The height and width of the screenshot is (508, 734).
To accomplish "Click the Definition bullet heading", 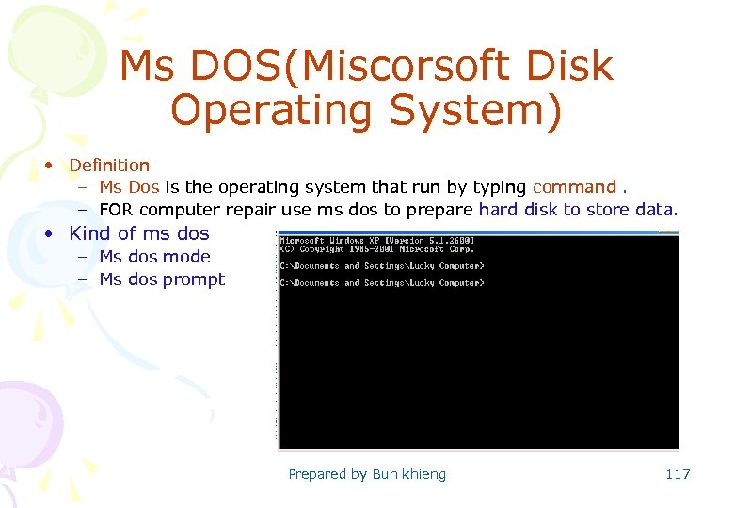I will (x=109, y=166).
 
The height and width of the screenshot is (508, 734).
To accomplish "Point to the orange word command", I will (x=574, y=187).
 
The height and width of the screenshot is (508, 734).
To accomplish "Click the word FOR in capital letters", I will (x=117, y=210).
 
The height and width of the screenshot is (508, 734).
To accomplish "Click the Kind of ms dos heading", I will (x=139, y=233).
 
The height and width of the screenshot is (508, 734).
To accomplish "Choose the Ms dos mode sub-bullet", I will (x=154, y=257).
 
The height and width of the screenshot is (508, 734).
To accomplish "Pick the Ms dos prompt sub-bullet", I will (x=162, y=279).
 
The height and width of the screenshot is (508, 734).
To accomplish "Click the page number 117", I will (x=678, y=474).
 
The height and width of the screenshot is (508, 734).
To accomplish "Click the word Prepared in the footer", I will (x=318, y=474).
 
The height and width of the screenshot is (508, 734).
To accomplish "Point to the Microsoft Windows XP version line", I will (x=376, y=241).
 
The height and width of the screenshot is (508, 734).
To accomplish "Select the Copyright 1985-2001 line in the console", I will (x=376, y=250).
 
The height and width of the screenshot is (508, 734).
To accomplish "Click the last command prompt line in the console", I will (x=381, y=283).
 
